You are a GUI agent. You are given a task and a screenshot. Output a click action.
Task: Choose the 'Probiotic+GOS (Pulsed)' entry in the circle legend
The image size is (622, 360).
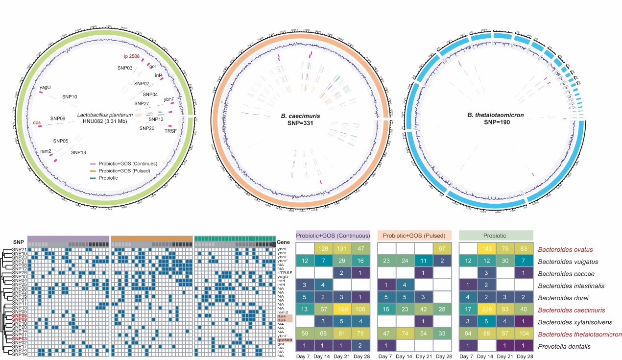(126, 171)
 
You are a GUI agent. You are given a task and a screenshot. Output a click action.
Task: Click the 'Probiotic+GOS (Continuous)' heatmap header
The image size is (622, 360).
(333, 235)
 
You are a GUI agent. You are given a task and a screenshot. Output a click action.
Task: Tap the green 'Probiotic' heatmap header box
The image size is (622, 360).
(496, 235)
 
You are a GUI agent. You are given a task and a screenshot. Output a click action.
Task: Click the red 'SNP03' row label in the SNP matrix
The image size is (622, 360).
(19, 339)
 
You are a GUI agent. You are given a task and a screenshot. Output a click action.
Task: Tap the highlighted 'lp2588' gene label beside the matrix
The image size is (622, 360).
(285, 339)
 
